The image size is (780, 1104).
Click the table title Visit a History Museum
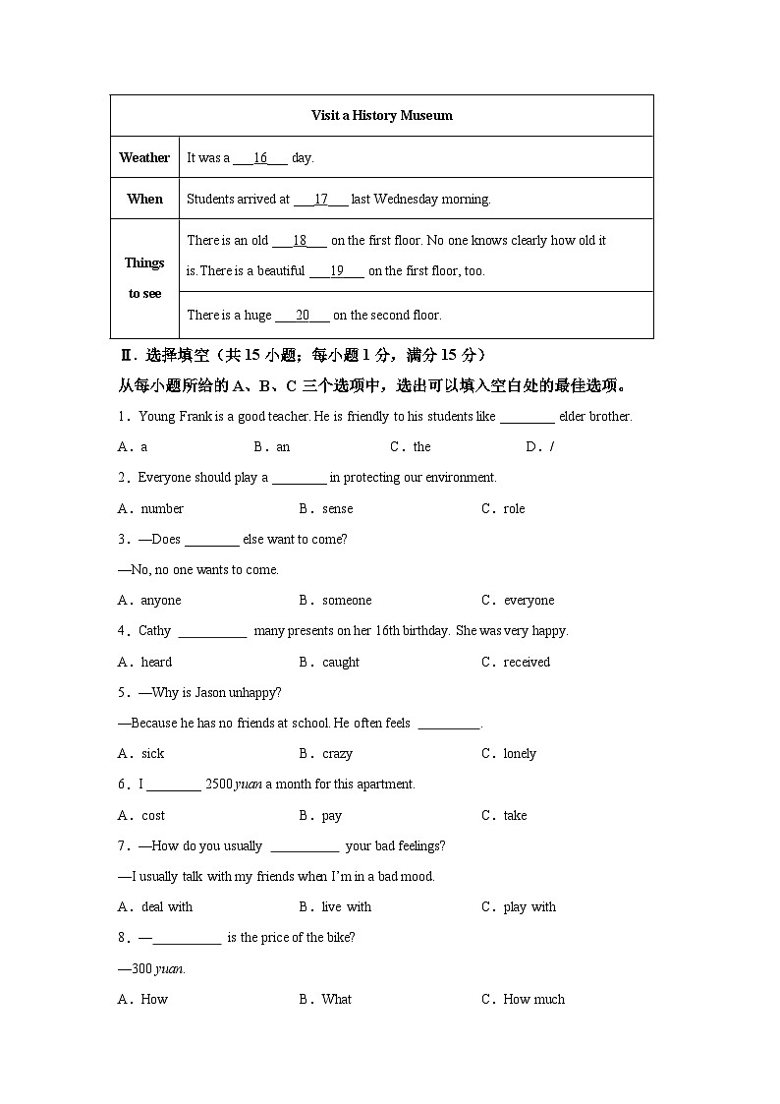[x=381, y=115]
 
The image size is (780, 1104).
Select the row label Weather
[x=144, y=157]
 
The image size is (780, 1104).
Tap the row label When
[x=144, y=199]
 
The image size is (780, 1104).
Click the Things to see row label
[x=144, y=278]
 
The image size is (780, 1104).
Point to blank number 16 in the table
[x=260, y=157]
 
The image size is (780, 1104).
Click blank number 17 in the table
[x=320, y=199]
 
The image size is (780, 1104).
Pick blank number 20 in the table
[x=303, y=316]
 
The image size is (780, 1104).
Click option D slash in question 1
[x=551, y=447]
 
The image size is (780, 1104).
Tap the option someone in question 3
[x=346, y=601]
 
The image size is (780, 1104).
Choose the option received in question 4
[x=526, y=663]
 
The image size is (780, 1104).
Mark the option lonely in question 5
[x=519, y=754]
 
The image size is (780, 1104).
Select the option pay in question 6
[x=331, y=816]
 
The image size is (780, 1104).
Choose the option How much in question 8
[x=533, y=1000]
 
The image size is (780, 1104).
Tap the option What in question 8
[x=336, y=1000]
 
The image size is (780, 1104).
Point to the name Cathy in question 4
[x=154, y=631]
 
